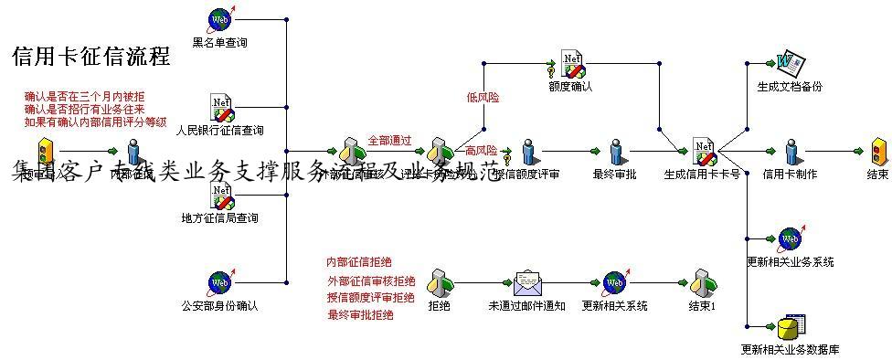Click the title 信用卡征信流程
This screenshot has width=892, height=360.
(x=91, y=57)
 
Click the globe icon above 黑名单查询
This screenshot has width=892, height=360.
(x=220, y=18)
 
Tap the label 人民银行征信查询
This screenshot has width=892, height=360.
(x=220, y=130)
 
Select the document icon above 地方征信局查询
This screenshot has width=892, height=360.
(x=221, y=194)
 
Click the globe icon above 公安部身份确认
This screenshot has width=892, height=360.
(x=220, y=282)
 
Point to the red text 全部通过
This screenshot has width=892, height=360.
(x=389, y=141)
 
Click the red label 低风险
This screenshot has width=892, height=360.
(x=483, y=97)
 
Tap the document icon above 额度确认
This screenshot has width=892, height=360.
(x=572, y=65)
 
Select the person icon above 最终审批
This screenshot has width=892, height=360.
(x=613, y=151)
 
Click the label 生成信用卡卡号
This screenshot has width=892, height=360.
(x=702, y=174)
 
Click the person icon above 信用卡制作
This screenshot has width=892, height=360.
(x=791, y=151)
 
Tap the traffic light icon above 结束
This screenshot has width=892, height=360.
(x=878, y=151)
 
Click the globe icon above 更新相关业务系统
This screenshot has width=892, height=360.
(x=789, y=239)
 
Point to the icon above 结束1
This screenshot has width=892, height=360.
(x=702, y=282)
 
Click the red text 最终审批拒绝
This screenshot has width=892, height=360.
(x=360, y=315)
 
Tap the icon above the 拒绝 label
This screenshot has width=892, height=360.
(x=439, y=282)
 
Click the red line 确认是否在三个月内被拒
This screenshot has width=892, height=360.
(x=83, y=96)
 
